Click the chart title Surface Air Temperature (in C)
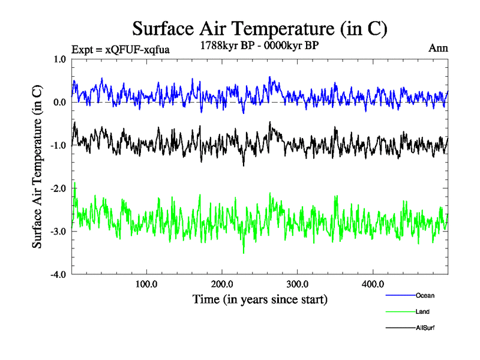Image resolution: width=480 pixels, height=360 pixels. [x=260, y=28]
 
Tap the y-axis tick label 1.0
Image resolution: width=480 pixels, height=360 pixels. [x=59, y=59]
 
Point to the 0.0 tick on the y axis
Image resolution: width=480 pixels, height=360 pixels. [x=59, y=103]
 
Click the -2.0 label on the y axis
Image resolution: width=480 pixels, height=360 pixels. [x=58, y=188]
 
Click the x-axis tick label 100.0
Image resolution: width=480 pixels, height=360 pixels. [x=146, y=284]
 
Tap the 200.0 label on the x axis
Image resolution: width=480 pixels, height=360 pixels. [x=222, y=284]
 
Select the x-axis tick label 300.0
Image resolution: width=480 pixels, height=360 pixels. [x=298, y=284]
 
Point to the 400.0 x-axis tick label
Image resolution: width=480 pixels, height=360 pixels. [x=373, y=284]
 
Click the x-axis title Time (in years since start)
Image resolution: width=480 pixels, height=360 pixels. [x=260, y=298]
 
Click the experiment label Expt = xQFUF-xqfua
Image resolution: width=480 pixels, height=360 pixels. [x=120, y=50]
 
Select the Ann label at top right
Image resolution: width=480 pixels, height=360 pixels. [x=438, y=47]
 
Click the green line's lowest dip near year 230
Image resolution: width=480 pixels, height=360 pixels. [x=243, y=253]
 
